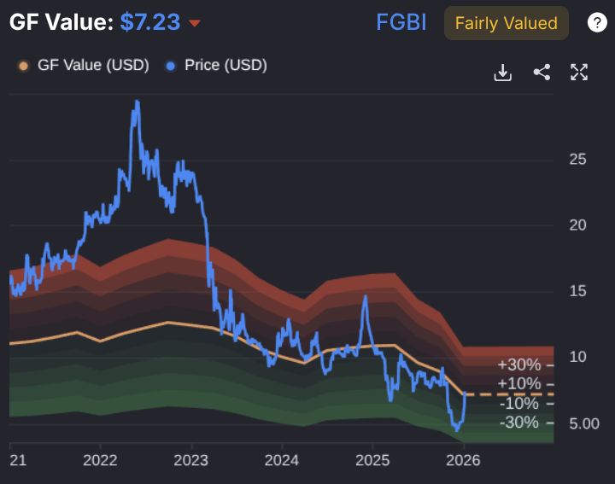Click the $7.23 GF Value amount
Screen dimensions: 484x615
[x=149, y=22]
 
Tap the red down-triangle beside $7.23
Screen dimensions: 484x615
[x=195, y=23]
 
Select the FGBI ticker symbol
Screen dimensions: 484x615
[x=401, y=23]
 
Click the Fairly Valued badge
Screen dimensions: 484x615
[x=507, y=23]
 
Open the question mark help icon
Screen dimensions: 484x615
[x=597, y=23]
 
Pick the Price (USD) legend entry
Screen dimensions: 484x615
[x=217, y=65]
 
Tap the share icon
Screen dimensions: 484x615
[x=542, y=73]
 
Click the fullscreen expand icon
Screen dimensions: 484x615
[x=579, y=73]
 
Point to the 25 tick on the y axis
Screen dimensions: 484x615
[x=577, y=159]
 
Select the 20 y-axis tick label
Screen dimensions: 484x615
[x=577, y=225]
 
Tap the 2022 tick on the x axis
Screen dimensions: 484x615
[x=100, y=460]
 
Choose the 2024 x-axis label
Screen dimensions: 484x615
[x=282, y=460]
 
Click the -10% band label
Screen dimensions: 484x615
[x=519, y=404]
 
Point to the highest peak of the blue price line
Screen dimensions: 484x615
[x=136, y=102]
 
